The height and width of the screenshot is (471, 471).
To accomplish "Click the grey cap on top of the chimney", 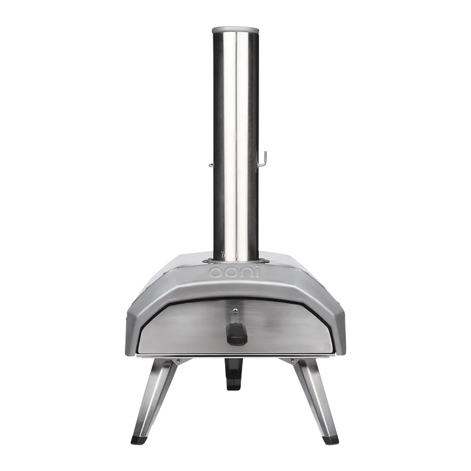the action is tap(235, 30).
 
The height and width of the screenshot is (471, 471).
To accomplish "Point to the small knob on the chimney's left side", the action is tap(211, 165).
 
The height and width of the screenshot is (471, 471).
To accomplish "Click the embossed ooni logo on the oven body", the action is tap(235, 273).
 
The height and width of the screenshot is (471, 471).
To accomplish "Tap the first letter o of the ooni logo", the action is tap(216, 272).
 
